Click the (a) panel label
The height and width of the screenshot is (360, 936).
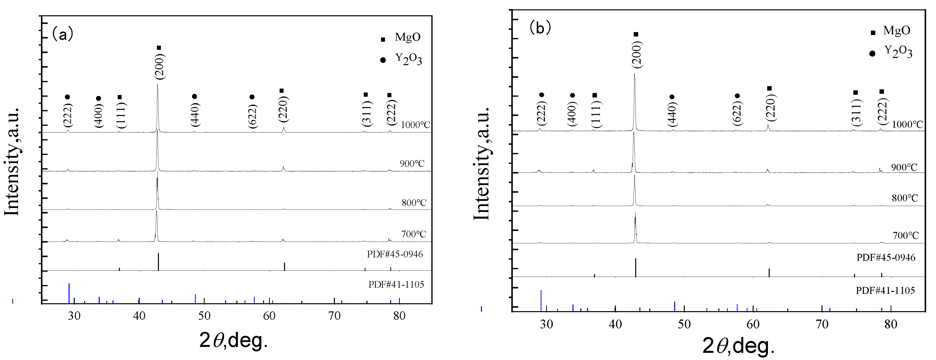tap(63, 35)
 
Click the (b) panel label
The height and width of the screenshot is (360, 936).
tap(540, 28)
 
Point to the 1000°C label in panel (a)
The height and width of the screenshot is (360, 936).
tap(415, 125)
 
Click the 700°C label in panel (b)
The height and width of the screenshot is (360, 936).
tap(905, 235)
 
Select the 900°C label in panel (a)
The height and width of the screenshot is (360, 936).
tap(412, 164)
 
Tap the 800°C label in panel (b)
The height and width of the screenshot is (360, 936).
tap(905, 198)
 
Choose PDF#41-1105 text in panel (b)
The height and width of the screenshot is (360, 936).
tap(885, 290)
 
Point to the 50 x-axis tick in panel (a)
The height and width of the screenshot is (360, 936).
tap(204, 316)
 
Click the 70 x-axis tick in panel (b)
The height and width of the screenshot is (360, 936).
tap(822, 324)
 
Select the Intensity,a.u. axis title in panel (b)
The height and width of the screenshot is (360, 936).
tap(481, 164)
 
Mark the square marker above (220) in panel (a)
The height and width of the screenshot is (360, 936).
tap(281, 91)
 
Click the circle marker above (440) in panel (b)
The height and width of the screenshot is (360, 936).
tap(672, 97)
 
